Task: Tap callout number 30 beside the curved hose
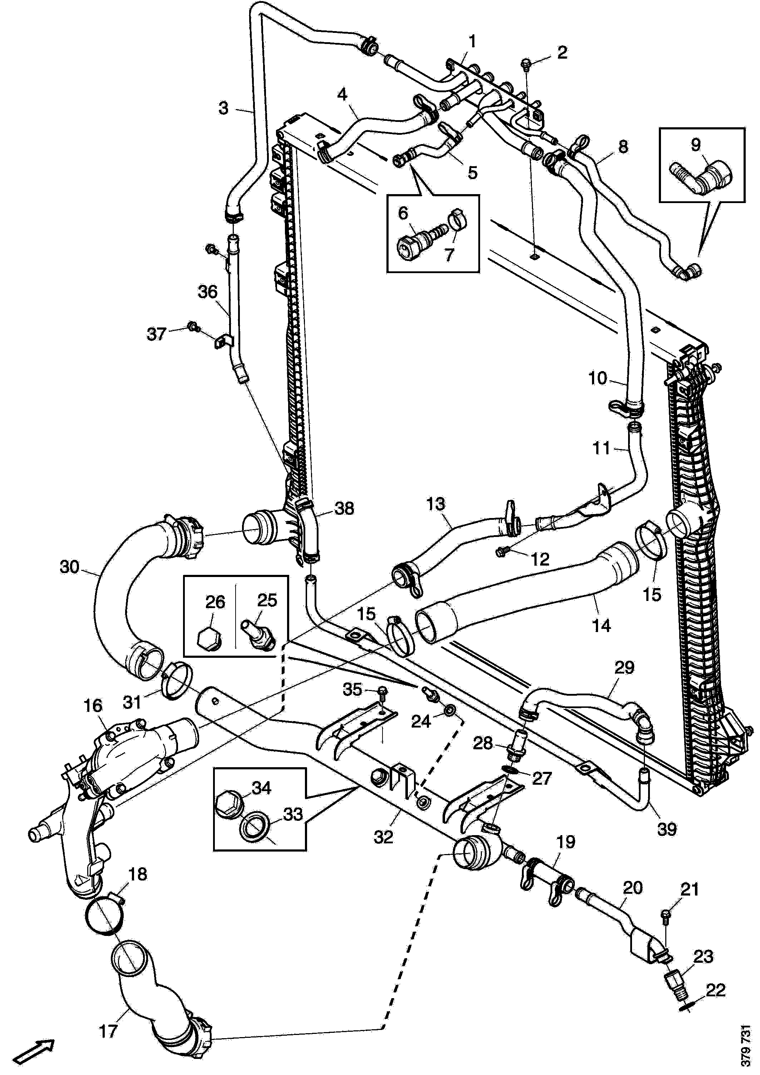[x=70, y=567]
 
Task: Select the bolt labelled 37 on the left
[x=192, y=326]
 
